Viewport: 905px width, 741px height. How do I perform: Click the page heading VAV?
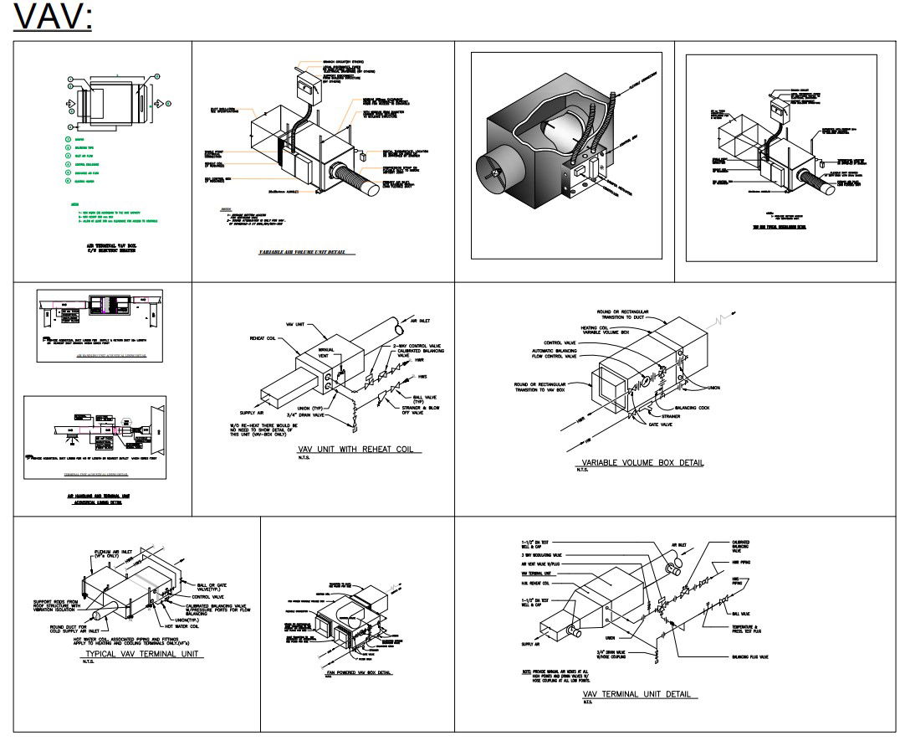[x=52, y=17]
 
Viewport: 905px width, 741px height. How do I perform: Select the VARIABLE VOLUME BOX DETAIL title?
[x=642, y=462]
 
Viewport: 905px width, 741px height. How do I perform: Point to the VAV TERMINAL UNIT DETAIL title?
[x=640, y=694]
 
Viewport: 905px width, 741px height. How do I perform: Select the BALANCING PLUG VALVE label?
[x=750, y=657]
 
